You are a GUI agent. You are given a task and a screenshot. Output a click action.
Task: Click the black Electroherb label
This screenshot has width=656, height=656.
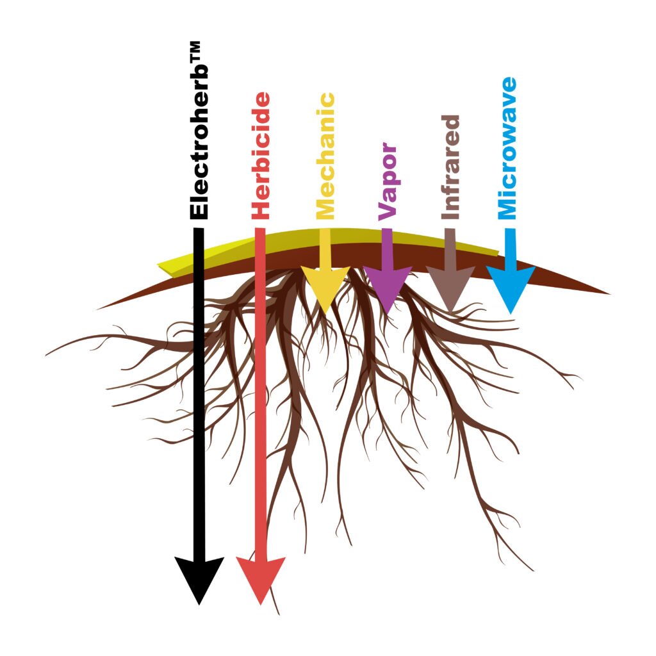pyautogui.click(x=199, y=130)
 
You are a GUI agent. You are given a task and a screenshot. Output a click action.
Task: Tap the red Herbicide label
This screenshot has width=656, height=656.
pyautogui.click(x=260, y=156)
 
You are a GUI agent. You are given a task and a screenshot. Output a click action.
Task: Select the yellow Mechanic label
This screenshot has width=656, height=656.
pyautogui.click(x=325, y=156)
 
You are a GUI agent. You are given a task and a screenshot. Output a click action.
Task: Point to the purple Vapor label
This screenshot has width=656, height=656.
pyautogui.click(x=388, y=181)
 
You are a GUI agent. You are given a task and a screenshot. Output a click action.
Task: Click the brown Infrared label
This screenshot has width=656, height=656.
pyautogui.click(x=450, y=167)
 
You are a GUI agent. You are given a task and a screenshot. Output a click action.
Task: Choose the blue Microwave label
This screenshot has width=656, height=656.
pyautogui.click(x=507, y=148)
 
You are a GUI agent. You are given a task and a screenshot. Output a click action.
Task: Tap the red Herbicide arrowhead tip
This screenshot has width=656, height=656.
pyautogui.click(x=260, y=605)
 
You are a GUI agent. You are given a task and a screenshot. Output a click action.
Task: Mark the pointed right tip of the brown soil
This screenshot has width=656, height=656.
pyautogui.click(x=610, y=293)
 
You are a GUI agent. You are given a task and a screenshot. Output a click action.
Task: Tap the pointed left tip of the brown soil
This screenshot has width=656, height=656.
pyautogui.click(x=97, y=309)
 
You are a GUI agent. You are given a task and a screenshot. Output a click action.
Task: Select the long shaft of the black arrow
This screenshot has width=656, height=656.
pyautogui.click(x=199, y=393)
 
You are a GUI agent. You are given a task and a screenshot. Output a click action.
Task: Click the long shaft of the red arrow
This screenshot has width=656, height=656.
pyautogui.click(x=260, y=393)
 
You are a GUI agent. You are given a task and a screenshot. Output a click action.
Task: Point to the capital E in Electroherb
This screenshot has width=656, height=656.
pyautogui.click(x=199, y=211)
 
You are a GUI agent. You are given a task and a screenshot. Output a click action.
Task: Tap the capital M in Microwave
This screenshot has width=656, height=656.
pyautogui.click(x=507, y=208)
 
